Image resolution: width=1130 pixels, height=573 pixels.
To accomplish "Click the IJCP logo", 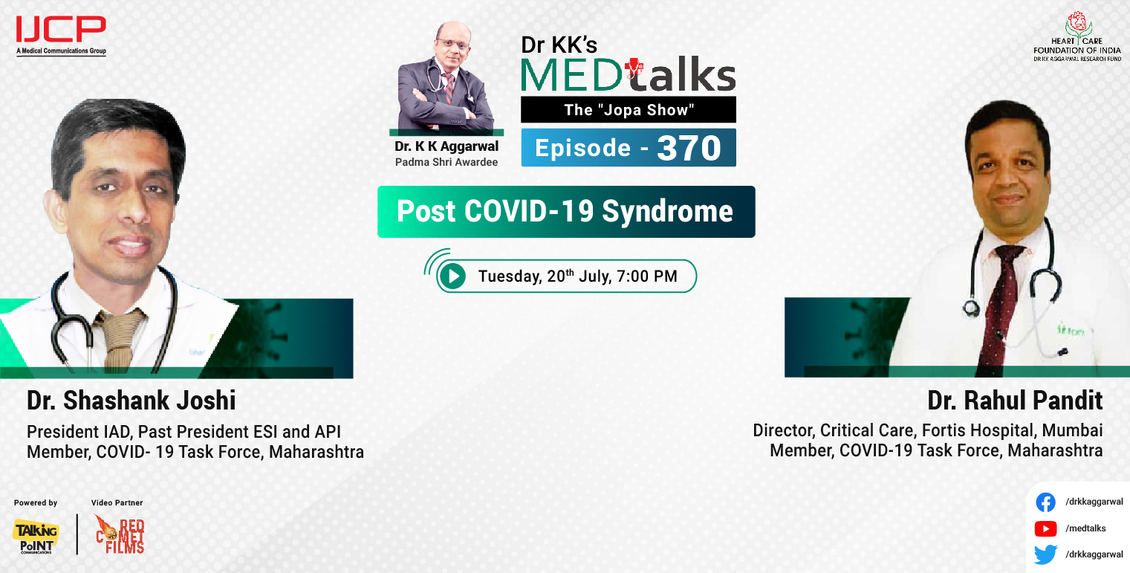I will click(61, 34).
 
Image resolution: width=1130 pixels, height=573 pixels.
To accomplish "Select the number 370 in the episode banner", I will click(689, 148).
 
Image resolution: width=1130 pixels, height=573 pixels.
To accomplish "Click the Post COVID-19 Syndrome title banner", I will click(565, 212).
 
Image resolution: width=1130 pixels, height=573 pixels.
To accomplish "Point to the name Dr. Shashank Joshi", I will click(131, 401).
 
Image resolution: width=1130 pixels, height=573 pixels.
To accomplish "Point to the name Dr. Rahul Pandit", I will click(1015, 401).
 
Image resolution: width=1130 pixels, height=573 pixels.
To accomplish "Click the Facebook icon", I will click(1045, 502).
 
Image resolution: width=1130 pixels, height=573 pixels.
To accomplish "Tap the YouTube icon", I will click(1045, 528).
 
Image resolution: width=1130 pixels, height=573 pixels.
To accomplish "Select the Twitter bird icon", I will click(1045, 554).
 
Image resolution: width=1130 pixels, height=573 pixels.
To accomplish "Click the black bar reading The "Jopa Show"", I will click(628, 110).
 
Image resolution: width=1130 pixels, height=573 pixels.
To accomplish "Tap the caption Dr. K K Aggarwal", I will click(447, 147).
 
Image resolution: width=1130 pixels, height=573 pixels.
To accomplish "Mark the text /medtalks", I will click(1085, 528).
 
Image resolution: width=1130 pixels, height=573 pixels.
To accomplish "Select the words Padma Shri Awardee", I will click(447, 161).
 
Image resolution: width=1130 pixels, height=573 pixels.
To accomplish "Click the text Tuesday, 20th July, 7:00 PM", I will click(577, 276).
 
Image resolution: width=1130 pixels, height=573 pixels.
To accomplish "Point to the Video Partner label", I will click(117, 503).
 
